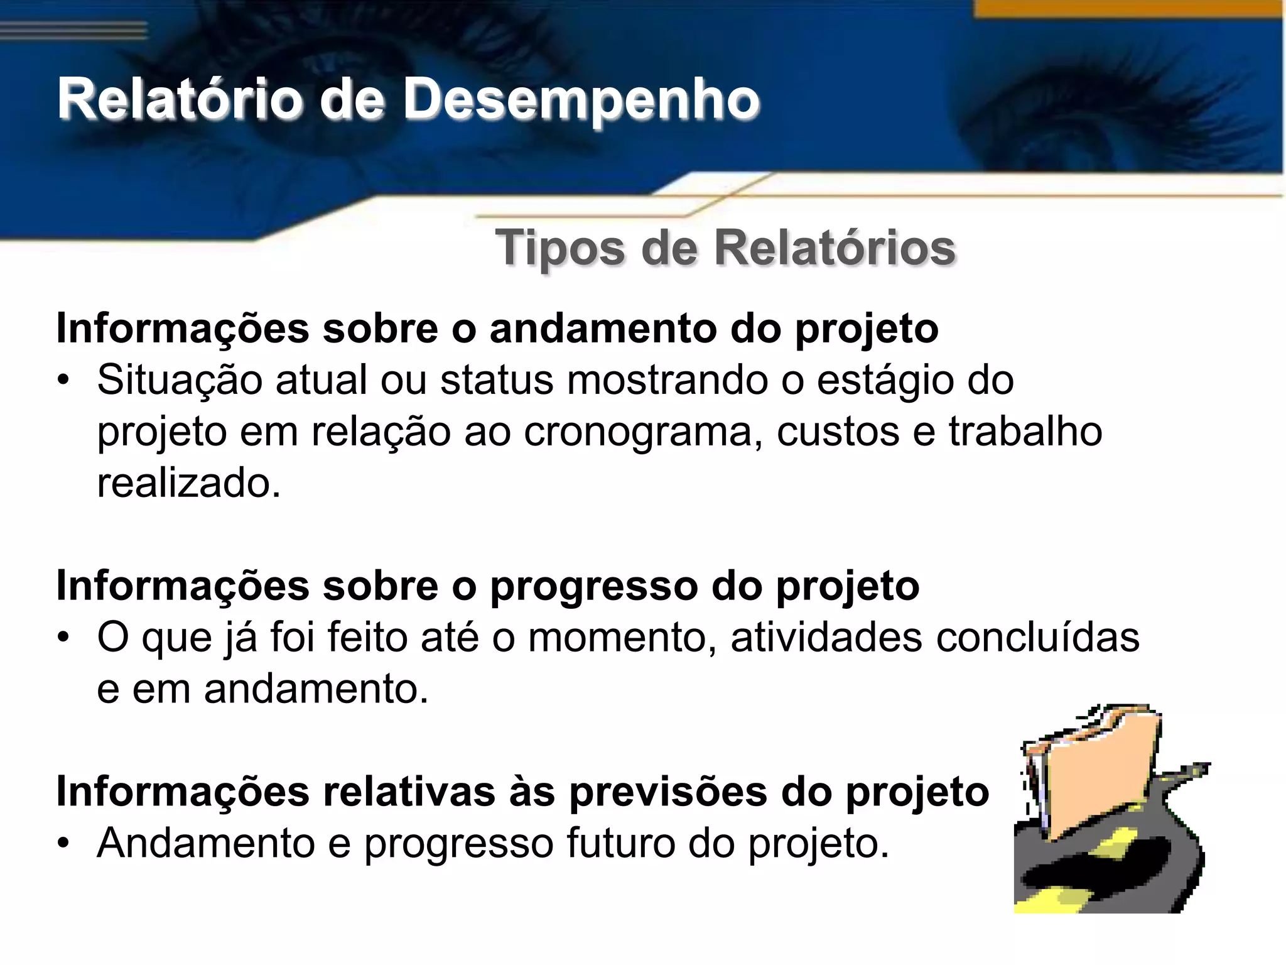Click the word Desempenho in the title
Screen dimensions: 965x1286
(x=581, y=99)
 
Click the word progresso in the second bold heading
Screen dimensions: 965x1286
(x=593, y=587)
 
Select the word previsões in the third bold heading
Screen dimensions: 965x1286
(x=668, y=792)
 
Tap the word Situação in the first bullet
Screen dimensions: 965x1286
(x=179, y=381)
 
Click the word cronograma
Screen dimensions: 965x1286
(x=638, y=432)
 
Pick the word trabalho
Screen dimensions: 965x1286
(x=1025, y=432)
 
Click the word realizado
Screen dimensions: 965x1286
(x=188, y=484)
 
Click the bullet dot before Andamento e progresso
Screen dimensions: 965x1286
(x=63, y=843)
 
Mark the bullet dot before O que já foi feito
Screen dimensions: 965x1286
(x=63, y=638)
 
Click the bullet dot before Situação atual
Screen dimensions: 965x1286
(x=63, y=381)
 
